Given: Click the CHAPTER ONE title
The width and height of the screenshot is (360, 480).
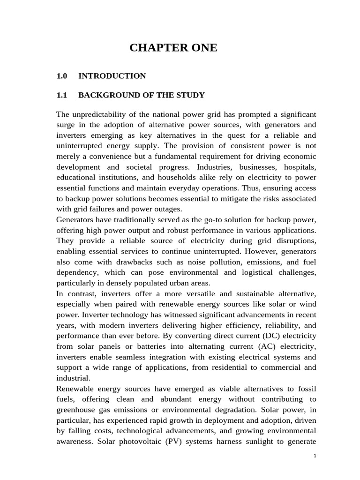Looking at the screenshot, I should pos(173,47).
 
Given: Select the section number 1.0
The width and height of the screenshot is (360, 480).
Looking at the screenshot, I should pos(62,76).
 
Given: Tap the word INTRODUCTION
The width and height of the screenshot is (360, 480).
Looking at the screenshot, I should pos(112,76).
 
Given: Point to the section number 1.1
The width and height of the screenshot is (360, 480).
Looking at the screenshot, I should pos(62,95).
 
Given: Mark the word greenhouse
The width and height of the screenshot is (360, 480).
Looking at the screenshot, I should pos(75,409).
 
